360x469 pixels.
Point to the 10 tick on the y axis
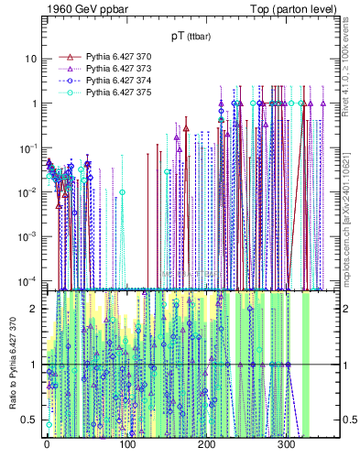click(31, 59)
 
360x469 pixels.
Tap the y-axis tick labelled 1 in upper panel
click(34, 104)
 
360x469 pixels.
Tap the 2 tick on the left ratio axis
click(34, 308)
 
